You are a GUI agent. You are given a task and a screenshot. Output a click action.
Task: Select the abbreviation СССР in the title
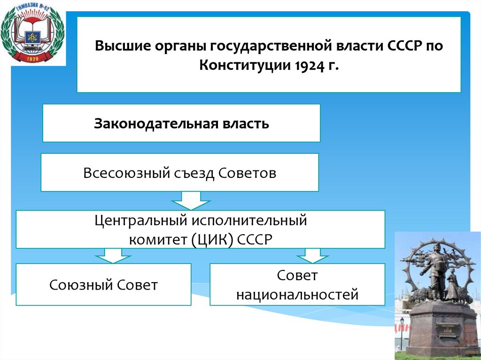(x=405, y=46)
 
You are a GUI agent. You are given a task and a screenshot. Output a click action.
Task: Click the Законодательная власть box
(x=181, y=123)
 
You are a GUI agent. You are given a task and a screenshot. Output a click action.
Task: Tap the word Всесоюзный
(x=125, y=173)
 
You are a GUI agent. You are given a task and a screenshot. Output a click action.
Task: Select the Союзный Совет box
(x=103, y=284)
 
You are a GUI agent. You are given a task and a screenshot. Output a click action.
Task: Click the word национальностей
(x=297, y=295)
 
